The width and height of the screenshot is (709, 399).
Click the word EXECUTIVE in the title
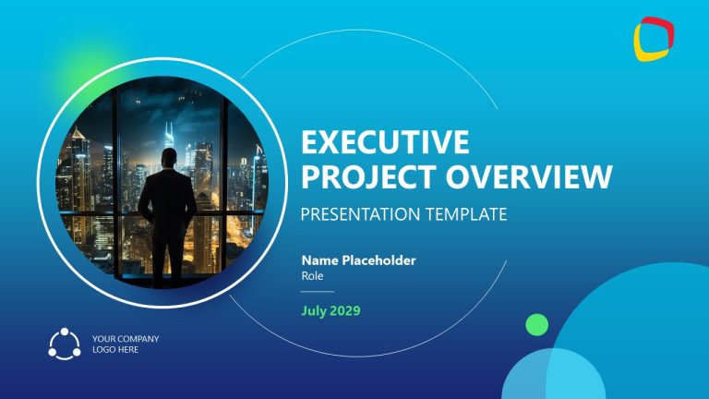click(x=385, y=143)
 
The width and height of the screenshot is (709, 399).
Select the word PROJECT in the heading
click(x=354, y=176)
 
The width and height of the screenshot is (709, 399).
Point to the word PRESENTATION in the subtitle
click(x=361, y=214)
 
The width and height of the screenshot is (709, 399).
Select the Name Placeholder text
click(x=358, y=260)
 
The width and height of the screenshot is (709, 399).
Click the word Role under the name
click(x=311, y=275)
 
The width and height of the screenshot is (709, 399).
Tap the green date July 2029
click(x=330, y=310)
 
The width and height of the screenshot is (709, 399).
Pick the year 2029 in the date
click(x=344, y=310)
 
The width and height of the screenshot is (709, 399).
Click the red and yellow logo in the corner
click(x=654, y=39)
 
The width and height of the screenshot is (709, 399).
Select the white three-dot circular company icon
click(x=65, y=344)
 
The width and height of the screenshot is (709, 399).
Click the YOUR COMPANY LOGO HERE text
click(x=126, y=345)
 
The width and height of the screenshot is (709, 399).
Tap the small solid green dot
click(x=536, y=324)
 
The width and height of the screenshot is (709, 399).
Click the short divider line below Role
click(x=317, y=291)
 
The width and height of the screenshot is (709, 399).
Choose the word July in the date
click(x=315, y=310)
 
